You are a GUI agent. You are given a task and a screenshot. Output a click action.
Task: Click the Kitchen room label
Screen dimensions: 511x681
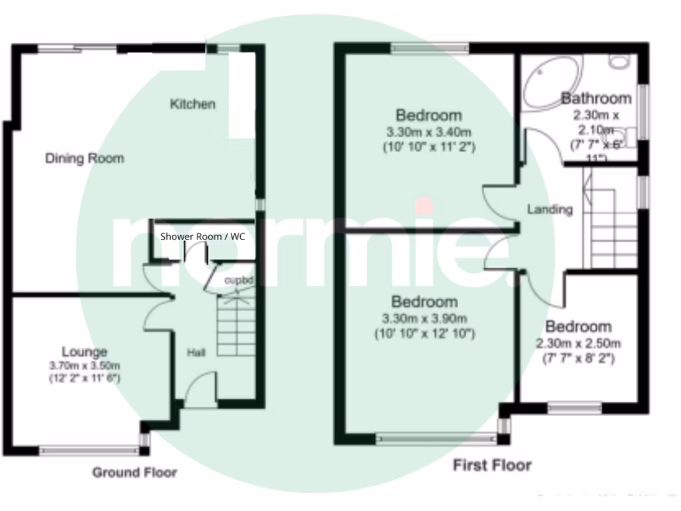pos(193,104)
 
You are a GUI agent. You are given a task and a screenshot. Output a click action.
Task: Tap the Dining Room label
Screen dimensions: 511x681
pos(84,158)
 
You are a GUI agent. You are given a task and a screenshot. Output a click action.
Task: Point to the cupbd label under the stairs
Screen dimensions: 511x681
pos(239,280)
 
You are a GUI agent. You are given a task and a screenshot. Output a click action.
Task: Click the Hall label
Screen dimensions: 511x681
pos(196,352)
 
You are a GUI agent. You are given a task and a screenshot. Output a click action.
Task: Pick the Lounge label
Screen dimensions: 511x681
pos(84,351)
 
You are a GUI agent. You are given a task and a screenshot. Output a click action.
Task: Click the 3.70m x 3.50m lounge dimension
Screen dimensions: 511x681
pos(84,366)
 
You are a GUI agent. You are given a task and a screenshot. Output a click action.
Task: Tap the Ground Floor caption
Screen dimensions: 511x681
pos(134,472)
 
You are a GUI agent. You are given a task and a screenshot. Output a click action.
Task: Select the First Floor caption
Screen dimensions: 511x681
pos(492,465)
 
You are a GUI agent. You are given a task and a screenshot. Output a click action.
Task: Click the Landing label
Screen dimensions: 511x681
pos(549,209)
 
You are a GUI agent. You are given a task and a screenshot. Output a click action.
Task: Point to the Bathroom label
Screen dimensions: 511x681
pos(596,98)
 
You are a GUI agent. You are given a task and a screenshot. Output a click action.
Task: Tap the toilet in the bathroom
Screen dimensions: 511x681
pos(619,61)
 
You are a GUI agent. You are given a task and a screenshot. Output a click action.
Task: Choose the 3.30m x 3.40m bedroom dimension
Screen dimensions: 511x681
pos(428,131)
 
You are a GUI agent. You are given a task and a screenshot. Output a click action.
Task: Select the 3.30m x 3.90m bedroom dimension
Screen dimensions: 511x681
pos(424,318)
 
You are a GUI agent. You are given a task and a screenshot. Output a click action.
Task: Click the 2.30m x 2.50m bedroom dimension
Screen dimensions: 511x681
pos(578,344)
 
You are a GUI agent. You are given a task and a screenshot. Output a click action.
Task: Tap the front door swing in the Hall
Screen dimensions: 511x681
pos(200,389)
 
